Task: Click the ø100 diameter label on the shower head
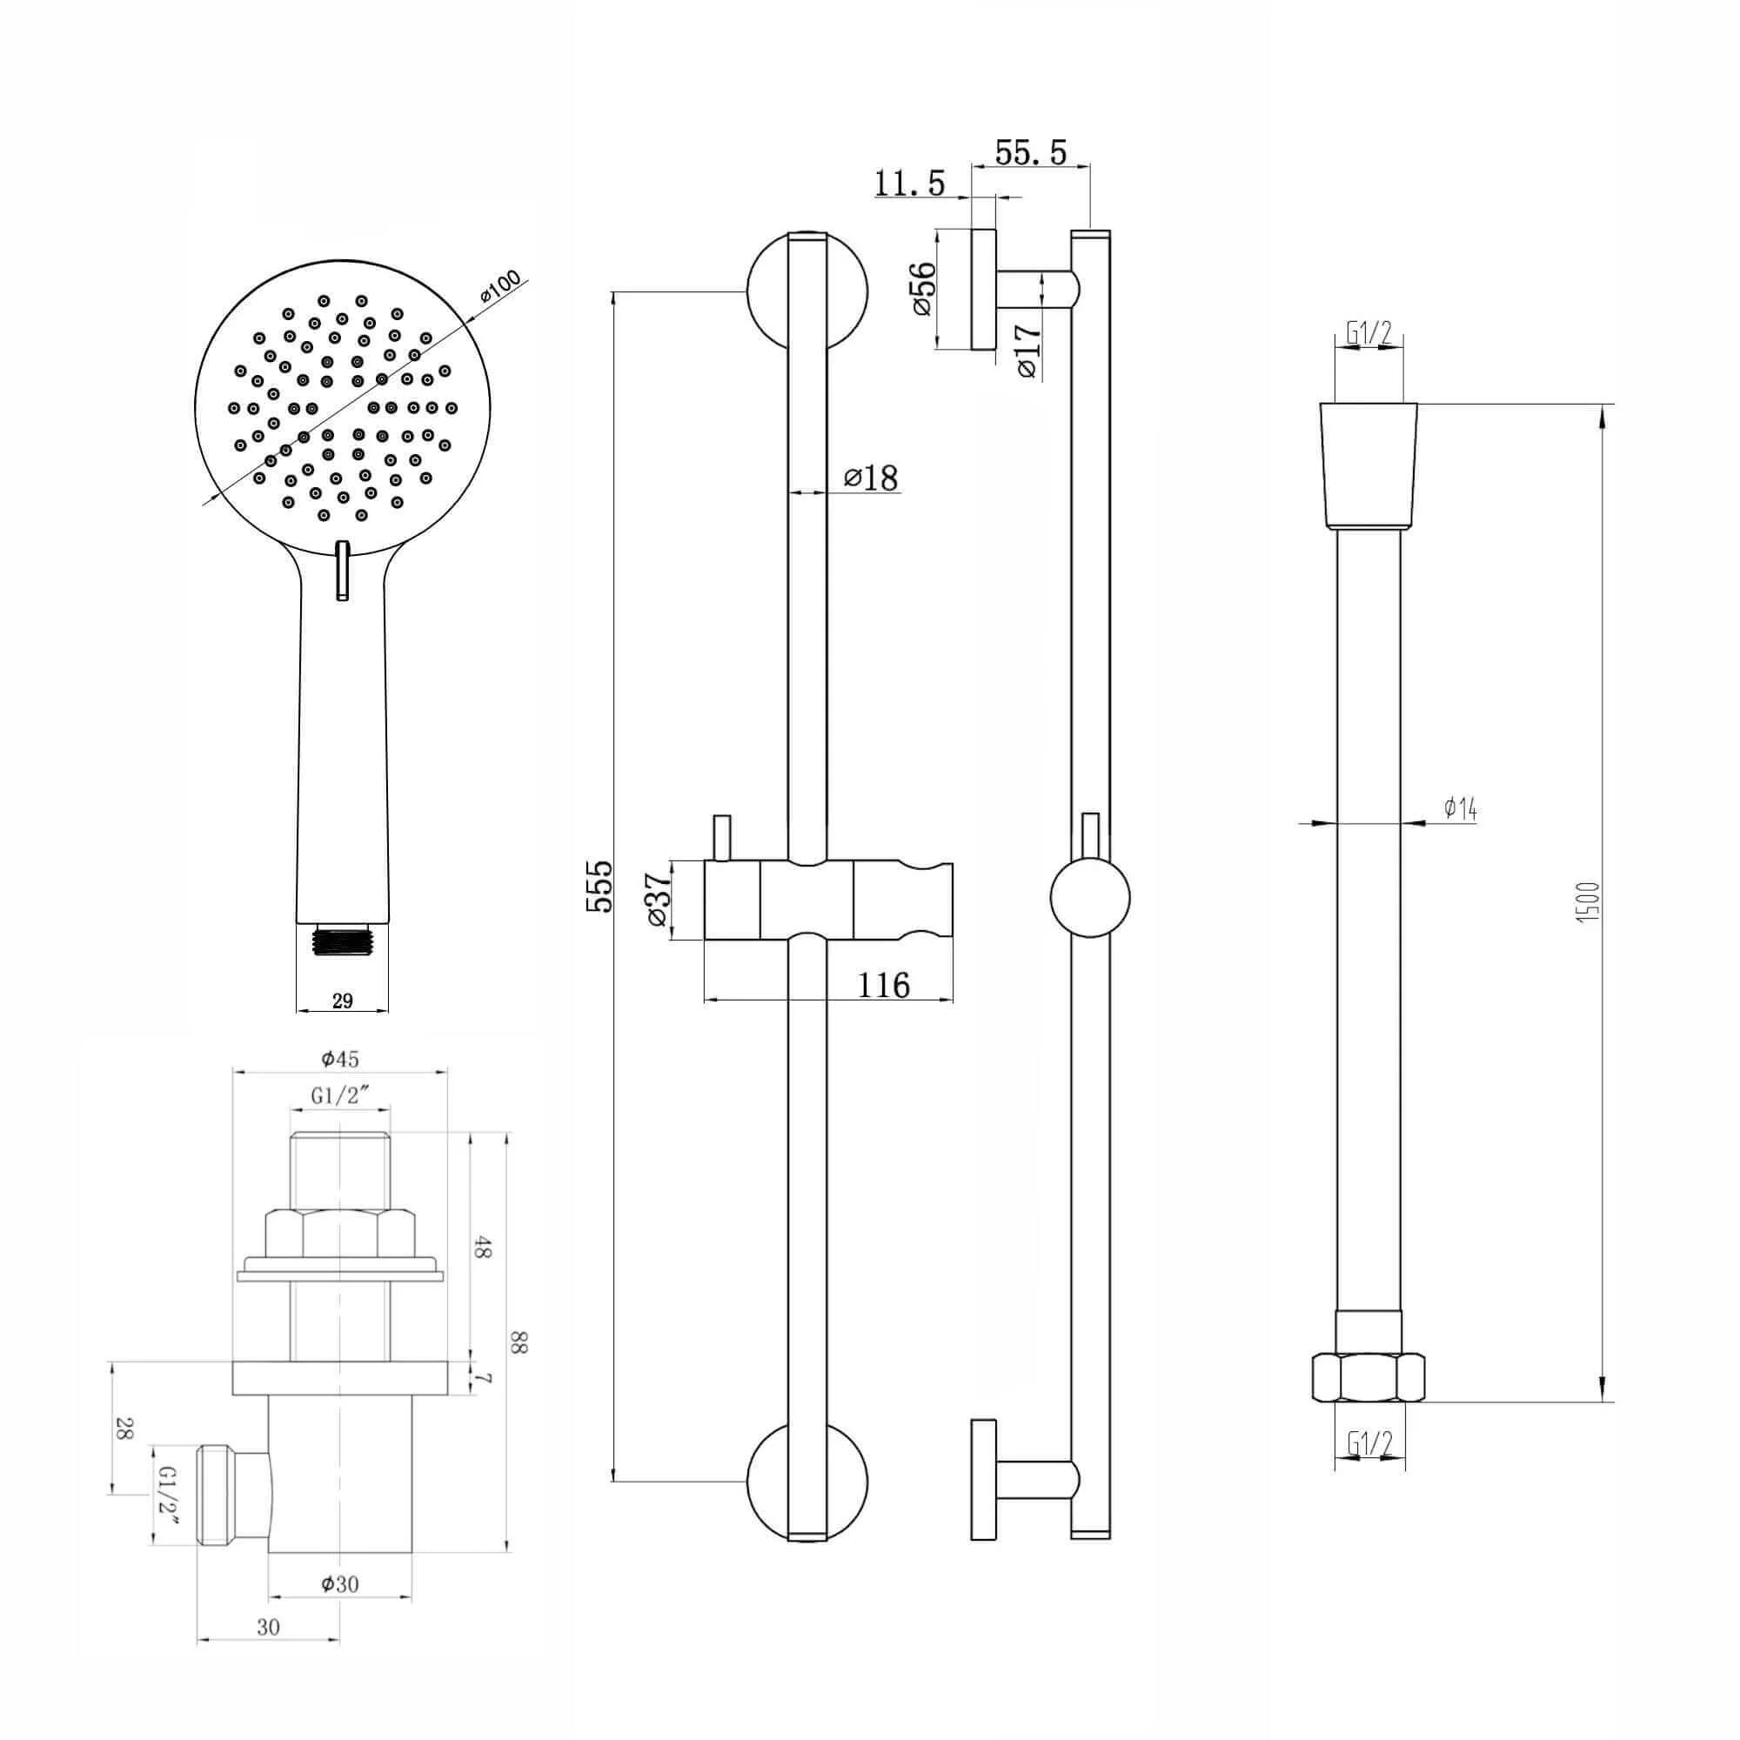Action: click(x=501, y=288)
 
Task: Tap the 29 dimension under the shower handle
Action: click(x=342, y=1000)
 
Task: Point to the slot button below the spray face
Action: click(x=342, y=570)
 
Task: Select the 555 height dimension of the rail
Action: click(x=599, y=887)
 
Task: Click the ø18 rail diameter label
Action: click(x=871, y=478)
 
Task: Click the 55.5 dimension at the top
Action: click(x=1030, y=152)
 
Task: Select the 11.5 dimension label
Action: click(x=910, y=184)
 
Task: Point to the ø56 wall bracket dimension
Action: click(x=925, y=288)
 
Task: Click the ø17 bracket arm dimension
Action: click(x=1027, y=352)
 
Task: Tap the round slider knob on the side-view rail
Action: click(x=1090, y=898)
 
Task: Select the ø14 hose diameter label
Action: click(x=1460, y=810)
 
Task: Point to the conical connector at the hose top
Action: click(x=1368, y=465)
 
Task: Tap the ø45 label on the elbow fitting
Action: click(x=340, y=1059)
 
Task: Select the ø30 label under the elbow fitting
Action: click(x=340, y=1584)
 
